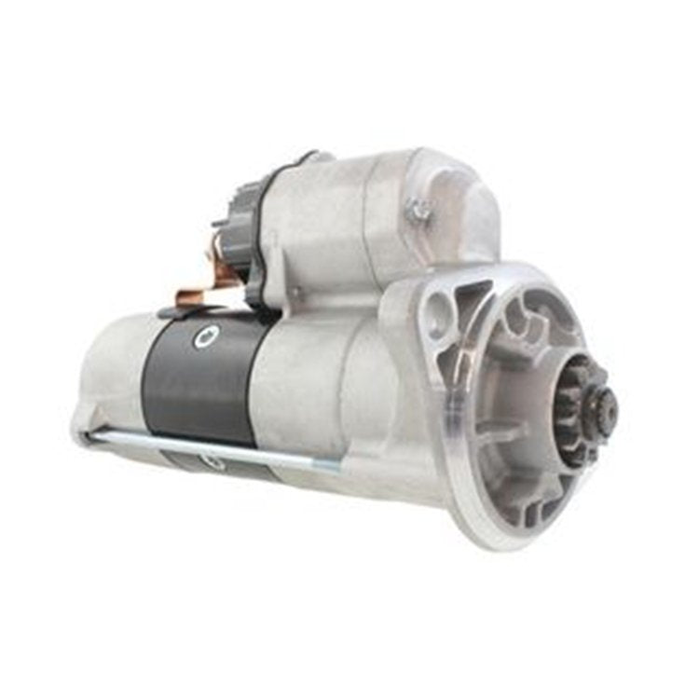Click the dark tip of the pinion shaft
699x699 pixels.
click(607, 404)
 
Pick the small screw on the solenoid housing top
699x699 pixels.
click(418, 211)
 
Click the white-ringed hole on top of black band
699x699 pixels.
click(204, 338)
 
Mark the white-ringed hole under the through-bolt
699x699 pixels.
click(213, 461)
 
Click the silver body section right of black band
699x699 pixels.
click(298, 391)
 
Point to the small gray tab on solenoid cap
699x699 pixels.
click(222, 224)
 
